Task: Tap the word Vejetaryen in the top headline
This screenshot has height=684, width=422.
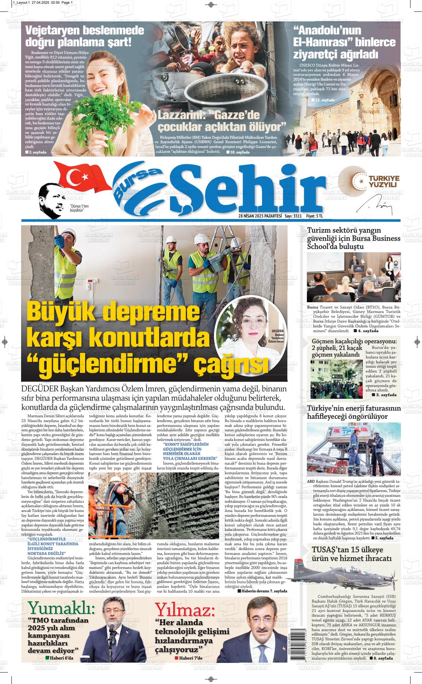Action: (56, 31)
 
